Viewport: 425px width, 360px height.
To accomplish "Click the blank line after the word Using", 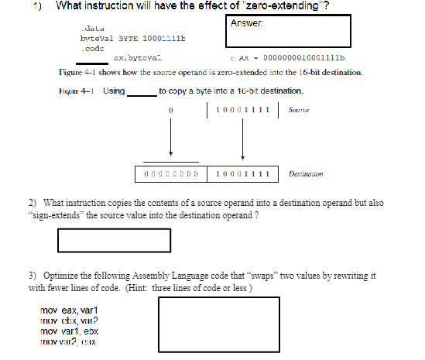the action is [141, 92].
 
